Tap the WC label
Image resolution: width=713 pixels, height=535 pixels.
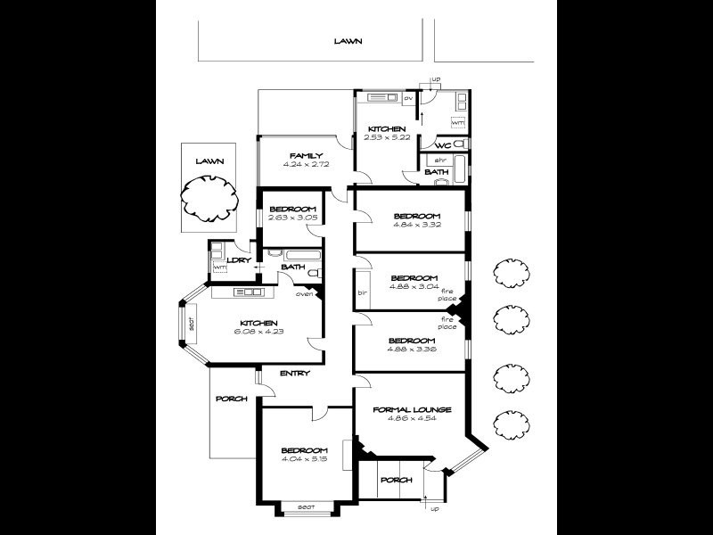pyautogui.click(x=442, y=145)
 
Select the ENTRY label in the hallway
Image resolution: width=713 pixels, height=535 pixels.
pyautogui.click(x=293, y=374)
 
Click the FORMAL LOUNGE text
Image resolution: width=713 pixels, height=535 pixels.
pyautogui.click(x=412, y=410)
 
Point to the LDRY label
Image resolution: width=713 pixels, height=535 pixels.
pyautogui.click(x=238, y=260)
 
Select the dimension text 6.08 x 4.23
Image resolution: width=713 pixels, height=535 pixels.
pyautogui.click(x=258, y=332)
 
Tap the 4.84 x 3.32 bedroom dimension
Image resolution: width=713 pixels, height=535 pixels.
pyautogui.click(x=416, y=226)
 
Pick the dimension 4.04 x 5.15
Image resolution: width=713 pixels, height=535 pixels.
pyautogui.click(x=304, y=459)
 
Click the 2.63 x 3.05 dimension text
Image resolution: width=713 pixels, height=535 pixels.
pyautogui.click(x=292, y=218)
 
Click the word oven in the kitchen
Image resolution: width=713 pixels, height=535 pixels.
pyautogui.click(x=304, y=293)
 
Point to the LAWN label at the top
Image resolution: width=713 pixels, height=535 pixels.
pyautogui.click(x=348, y=41)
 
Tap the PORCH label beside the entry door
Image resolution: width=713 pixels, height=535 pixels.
pyautogui.click(x=232, y=399)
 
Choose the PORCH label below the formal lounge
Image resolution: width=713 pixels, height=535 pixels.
pyautogui.click(x=396, y=480)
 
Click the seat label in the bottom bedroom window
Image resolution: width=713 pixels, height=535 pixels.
pyautogui.click(x=306, y=507)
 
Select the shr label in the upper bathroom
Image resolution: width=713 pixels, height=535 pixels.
pyautogui.click(x=440, y=160)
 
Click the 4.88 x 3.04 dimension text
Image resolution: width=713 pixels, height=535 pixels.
pyautogui.click(x=415, y=287)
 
